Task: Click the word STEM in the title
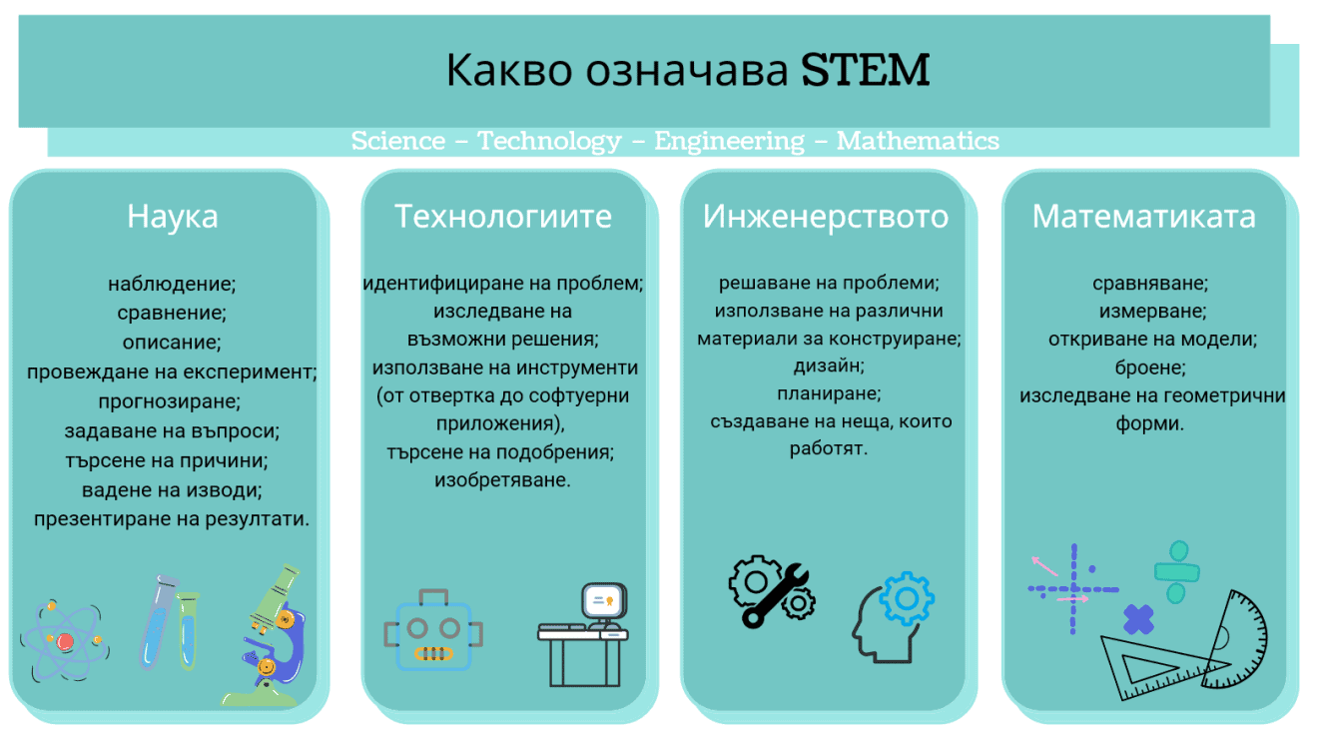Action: click(x=865, y=70)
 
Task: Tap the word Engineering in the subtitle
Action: click(x=729, y=141)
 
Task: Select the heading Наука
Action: click(x=172, y=216)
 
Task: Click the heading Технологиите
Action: click(x=503, y=216)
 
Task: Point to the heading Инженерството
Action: click(x=826, y=216)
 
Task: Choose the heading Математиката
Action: click(x=1144, y=216)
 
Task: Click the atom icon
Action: click(x=63, y=639)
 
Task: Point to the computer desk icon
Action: click(x=584, y=634)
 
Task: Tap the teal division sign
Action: click(x=1177, y=571)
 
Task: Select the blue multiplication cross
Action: click(x=1138, y=620)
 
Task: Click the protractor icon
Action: click(x=1233, y=639)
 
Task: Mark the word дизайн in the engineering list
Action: click(x=829, y=366)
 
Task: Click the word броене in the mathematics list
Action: click(x=1151, y=367)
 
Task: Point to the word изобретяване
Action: click(x=502, y=480)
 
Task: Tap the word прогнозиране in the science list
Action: click(x=170, y=401)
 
